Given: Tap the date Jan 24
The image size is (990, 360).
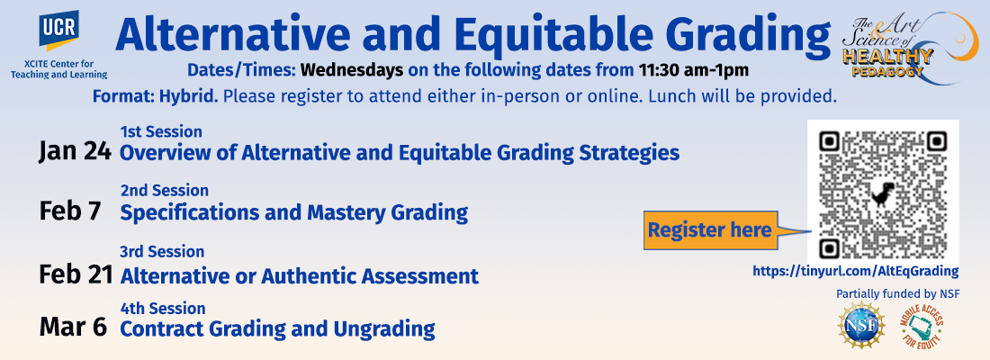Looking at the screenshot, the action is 75,152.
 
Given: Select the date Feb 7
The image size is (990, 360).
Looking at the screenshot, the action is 70,211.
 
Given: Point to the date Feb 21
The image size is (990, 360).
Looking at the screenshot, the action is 76,274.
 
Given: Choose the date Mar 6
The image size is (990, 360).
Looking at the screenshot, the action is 73,328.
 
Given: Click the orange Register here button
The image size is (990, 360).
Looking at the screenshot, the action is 710,229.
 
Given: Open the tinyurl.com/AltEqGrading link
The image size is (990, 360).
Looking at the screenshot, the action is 856,271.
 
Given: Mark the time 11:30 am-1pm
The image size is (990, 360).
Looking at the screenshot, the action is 693,69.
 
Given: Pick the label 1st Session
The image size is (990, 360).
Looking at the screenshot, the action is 161,131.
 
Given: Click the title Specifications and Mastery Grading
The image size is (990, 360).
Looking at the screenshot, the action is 294,212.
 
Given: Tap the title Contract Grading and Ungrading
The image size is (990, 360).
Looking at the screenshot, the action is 277,329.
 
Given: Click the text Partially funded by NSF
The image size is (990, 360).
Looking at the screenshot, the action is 889,294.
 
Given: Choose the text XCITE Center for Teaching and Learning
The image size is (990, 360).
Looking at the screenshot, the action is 58,68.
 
